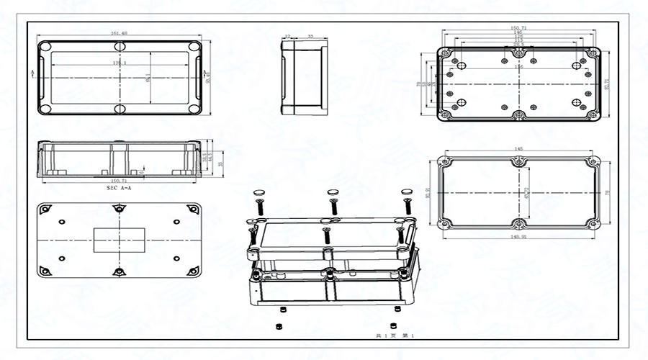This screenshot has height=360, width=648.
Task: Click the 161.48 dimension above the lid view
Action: [x=120, y=33]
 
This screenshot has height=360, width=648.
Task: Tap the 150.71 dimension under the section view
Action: [x=119, y=181]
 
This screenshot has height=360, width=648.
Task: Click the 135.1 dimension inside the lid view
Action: [x=120, y=63]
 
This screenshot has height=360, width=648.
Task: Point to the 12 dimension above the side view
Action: [x=287, y=35]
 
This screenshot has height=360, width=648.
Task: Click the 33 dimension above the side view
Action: [x=310, y=35]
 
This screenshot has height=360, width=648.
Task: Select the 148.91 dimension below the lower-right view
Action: [x=518, y=236]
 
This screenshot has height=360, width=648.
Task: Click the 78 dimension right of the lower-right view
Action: [x=608, y=192]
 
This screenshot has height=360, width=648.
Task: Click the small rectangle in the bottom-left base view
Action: [x=120, y=240]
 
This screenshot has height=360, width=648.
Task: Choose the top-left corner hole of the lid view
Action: [x=45, y=47]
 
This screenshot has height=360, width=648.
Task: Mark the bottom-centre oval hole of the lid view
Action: [x=120, y=109]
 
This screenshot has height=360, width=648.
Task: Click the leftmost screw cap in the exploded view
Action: [x=259, y=193]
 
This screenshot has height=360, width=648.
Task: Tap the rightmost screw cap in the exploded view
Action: [x=407, y=192]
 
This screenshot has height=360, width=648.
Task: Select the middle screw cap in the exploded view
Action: [x=333, y=192]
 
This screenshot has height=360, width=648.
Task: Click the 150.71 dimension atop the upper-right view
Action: [x=518, y=27]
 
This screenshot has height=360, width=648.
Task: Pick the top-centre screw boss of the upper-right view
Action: [x=518, y=53]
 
